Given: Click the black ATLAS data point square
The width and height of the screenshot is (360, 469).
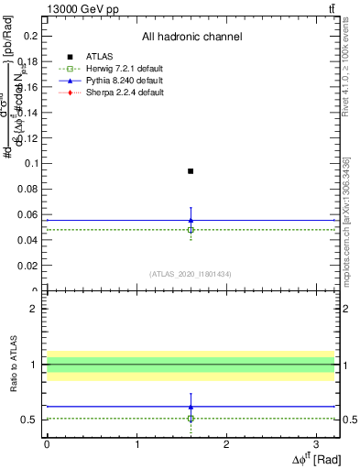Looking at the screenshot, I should point(191,171).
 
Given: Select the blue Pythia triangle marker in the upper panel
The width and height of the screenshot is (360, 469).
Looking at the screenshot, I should point(191,220).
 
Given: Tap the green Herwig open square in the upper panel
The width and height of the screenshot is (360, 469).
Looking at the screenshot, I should point(191,230).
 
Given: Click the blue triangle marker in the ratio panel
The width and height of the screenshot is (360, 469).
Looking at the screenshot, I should point(191,406).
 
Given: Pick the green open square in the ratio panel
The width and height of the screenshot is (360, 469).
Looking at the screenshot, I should point(191,419).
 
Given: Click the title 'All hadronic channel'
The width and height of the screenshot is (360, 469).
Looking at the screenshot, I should point(191,37).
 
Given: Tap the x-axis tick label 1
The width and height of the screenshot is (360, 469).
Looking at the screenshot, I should point(136,444).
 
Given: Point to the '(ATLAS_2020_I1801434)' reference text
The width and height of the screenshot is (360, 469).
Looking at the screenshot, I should point(191,274).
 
